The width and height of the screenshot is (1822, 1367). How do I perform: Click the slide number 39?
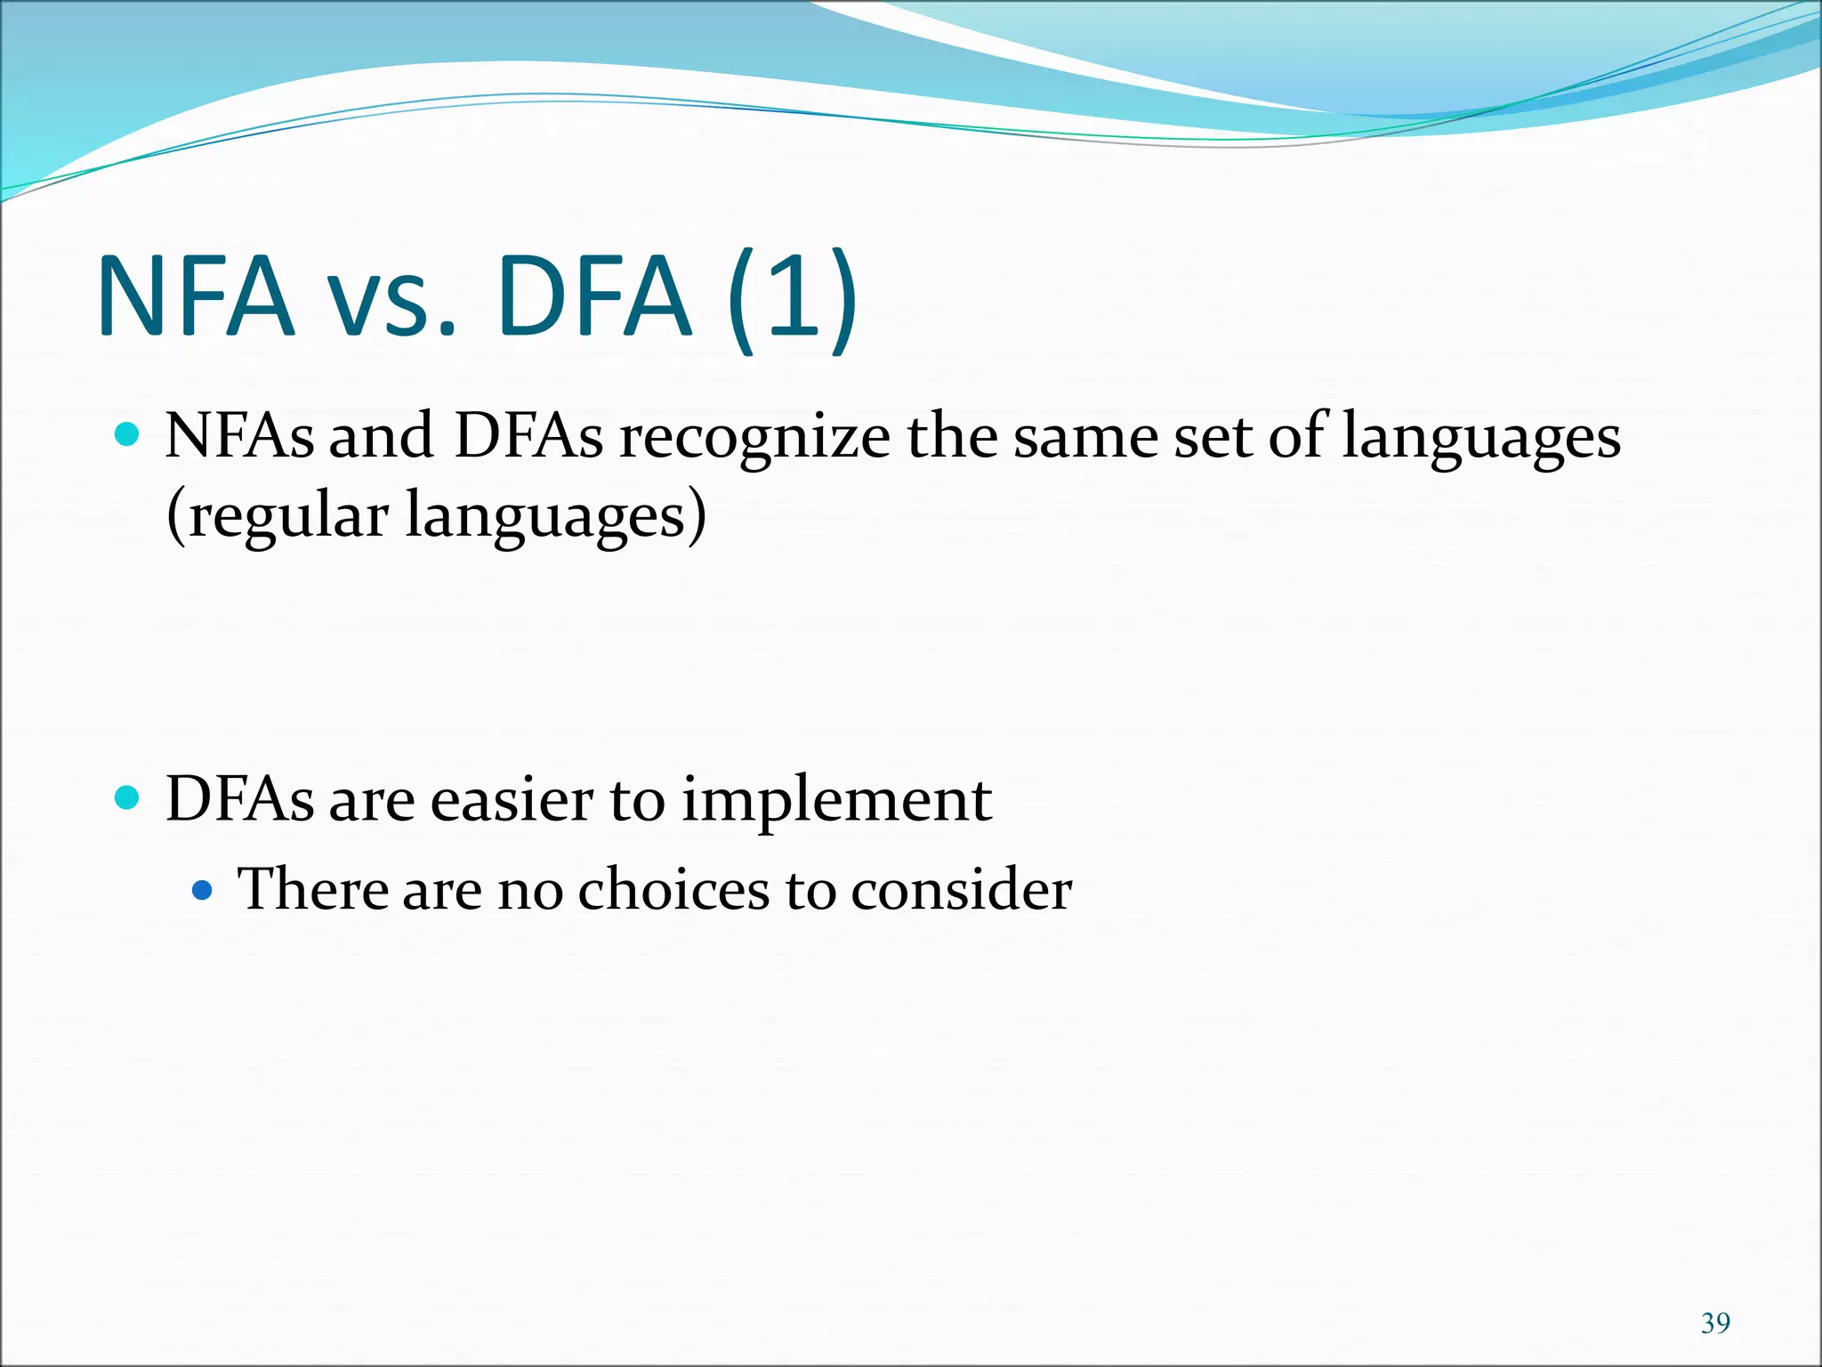(x=1714, y=1323)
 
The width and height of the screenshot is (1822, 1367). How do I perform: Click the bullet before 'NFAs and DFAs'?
(x=128, y=435)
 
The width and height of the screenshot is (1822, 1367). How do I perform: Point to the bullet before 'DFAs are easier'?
(x=128, y=797)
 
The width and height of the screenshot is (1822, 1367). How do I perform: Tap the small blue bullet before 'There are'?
(x=203, y=889)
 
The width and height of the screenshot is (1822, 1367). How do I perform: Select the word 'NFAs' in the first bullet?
(x=240, y=436)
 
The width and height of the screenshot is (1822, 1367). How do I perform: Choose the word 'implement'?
(x=836, y=801)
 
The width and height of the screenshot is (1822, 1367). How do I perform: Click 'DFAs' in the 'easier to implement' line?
(x=240, y=798)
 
